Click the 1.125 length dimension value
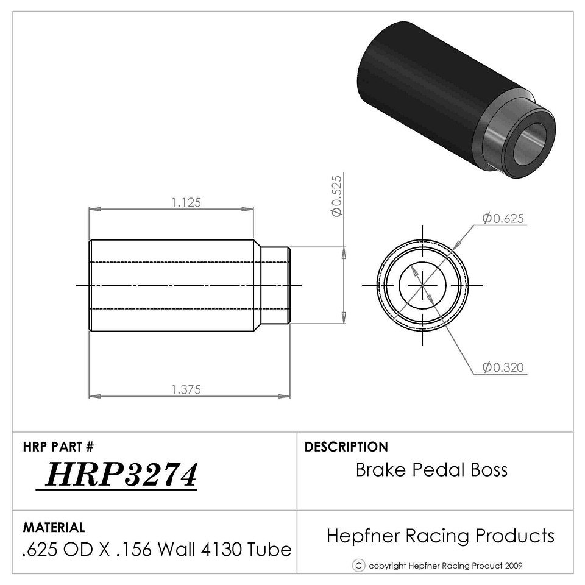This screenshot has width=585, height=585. click(x=186, y=202)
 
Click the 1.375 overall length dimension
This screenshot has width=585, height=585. click(x=186, y=389)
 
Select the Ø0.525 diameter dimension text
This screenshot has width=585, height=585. click(x=336, y=196)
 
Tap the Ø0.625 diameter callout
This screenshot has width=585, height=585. click(x=503, y=218)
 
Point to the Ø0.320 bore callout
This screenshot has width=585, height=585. click(x=503, y=367)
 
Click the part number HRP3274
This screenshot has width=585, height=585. click(x=121, y=475)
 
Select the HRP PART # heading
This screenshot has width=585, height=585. click(x=58, y=447)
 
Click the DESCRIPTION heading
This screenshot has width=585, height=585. click(x=346, y=447)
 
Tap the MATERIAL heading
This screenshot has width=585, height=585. click(x=54, y=527)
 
